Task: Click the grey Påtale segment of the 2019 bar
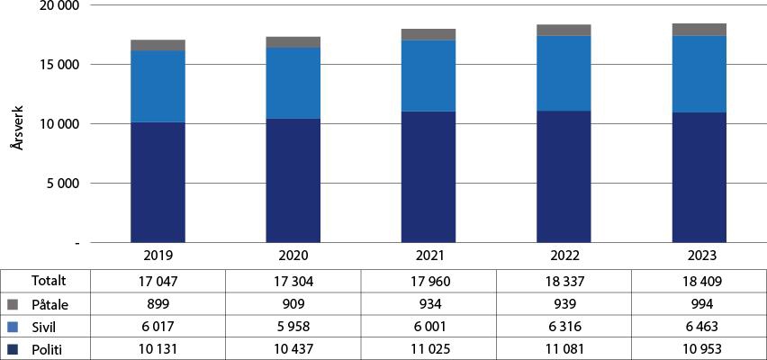[158, 45]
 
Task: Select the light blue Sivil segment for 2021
[429, 76]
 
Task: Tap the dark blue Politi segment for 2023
[699, 177]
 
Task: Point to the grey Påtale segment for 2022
[564, 30]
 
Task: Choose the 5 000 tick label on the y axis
[61, 184]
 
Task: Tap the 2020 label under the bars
[293, 255]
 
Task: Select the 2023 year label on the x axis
[699, 255]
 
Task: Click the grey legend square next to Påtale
[11, 305]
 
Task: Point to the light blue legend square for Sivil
[11, 327]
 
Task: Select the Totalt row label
[50, 282]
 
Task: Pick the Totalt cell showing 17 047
[158, 282]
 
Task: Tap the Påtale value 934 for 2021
[429, 304]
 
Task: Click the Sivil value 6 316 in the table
[564, 327]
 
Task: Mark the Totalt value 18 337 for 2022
[564, 282]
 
